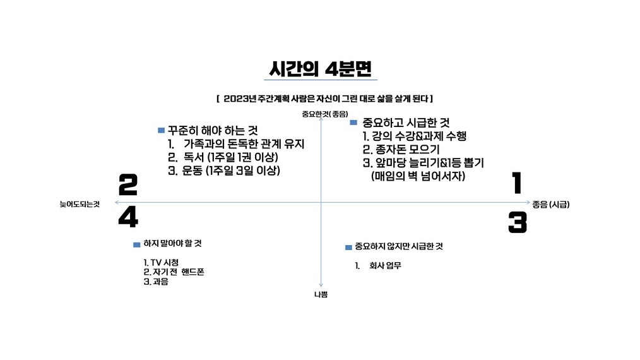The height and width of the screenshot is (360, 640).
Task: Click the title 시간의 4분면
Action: pyautogui.click(x=321, y=69)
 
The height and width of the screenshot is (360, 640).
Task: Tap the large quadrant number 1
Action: pyautogui.click(x=517, y=183)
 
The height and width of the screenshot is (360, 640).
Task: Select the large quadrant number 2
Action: pyautogui.click(x=127, y=184)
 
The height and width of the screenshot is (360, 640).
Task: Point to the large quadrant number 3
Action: pyautogui.click(x=518, y=223)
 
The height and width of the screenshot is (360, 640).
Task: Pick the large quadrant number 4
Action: pyautogui.click(x=128, y=217)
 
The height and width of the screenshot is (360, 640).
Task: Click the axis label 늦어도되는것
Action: pyautogui.click(x=80, y=204)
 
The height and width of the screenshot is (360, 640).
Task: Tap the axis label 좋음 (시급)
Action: pyautogui.click(x=550, y=204)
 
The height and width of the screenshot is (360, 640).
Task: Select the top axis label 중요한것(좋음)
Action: pyautogui.click(x=325, y=114)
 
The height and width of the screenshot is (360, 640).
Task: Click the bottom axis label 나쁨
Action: pyautogui.click(x=321, y=294)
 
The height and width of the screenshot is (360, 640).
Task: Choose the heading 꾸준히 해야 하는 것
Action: pyautogui.click(x=213, y=130)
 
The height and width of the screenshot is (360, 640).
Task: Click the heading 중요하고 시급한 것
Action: pyautogui.click(x=406, y=122)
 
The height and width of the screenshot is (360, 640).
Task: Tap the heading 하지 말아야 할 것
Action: pyautogui.click(x=172, y=244)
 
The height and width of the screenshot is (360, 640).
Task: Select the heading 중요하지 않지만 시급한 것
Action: pyautogui.click(x=398, y=246)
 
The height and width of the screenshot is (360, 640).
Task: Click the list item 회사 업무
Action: pyautogui.click(x=385, y=266)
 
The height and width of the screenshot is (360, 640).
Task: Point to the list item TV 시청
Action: pyautogui.click(x=165, y=262)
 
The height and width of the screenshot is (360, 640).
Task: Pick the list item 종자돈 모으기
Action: pyautogui.click(x=407, y=150)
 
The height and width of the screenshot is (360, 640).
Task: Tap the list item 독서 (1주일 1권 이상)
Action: pyautogui.click(x=230, y=157)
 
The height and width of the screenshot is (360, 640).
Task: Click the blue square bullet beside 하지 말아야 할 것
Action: pyautogui.click(x=137, y=245)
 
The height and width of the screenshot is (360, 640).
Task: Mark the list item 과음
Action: pyautogui.click(x=160, y=282)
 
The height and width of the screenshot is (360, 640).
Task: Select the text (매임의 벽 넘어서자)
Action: pyautogui.click(x=418, y=176)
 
